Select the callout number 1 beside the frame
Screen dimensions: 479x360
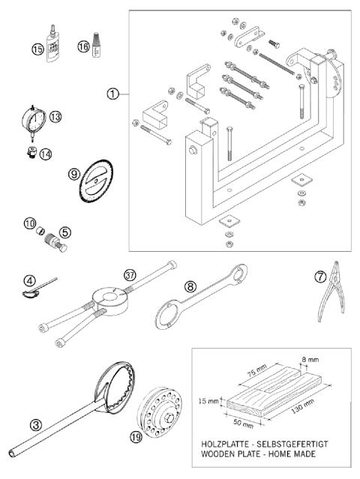(x=112, y=94)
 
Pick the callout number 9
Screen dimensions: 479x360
(x=73, y=173)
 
